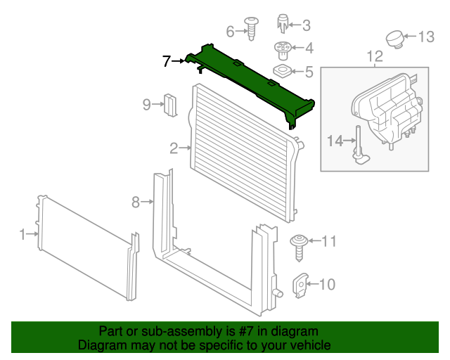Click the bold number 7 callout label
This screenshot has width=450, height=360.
167,61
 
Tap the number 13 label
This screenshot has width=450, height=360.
426,37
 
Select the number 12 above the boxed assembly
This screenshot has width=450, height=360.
375,56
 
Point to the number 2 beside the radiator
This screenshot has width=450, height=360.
174,148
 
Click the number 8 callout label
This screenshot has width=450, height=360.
136,202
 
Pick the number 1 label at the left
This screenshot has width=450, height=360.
22,234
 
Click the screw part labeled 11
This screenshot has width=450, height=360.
299,247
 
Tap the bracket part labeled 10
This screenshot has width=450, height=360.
300,285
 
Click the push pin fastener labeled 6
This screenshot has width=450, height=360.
252,28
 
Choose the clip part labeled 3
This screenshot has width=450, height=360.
283,23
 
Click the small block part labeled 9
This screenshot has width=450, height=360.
170,105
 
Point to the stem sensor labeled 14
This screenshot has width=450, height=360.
361,145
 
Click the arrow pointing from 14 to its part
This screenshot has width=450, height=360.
350,141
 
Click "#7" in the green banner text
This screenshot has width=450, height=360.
245,331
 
